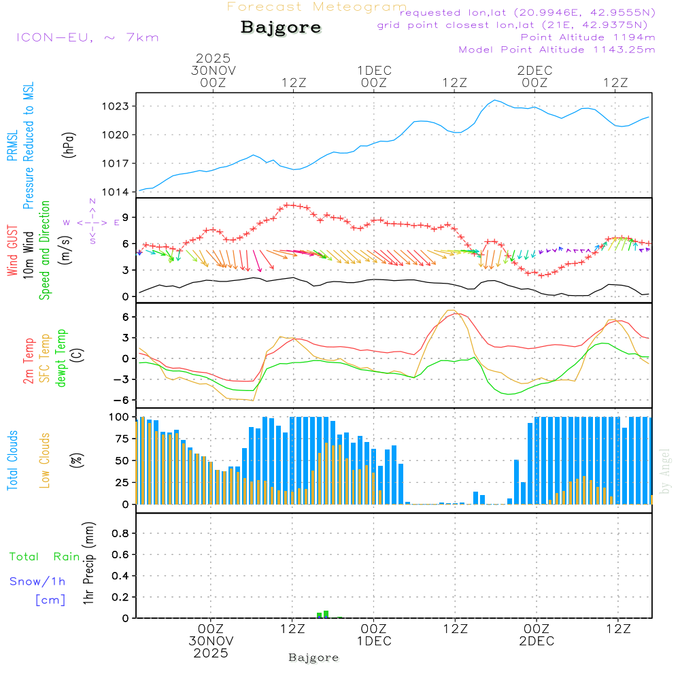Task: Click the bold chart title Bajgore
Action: [x=281, y=28]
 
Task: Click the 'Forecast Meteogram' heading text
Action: [x=317, y=7]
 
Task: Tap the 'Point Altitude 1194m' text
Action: [x=588, y=37]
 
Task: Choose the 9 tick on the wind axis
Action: [x=124, y=217]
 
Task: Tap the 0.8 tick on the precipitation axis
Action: [x=120, y=534]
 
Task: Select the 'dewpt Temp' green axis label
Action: [x=61, y=358]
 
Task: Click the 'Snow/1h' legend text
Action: [x=38, y=581]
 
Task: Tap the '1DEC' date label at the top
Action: [x=374, y=71]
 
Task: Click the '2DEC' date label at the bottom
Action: [x=537, y=641]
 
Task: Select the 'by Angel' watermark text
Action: [x=666, y=471]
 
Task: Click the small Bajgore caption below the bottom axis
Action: [x=313, y=658]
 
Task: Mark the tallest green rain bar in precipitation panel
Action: [x=326, y=614]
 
